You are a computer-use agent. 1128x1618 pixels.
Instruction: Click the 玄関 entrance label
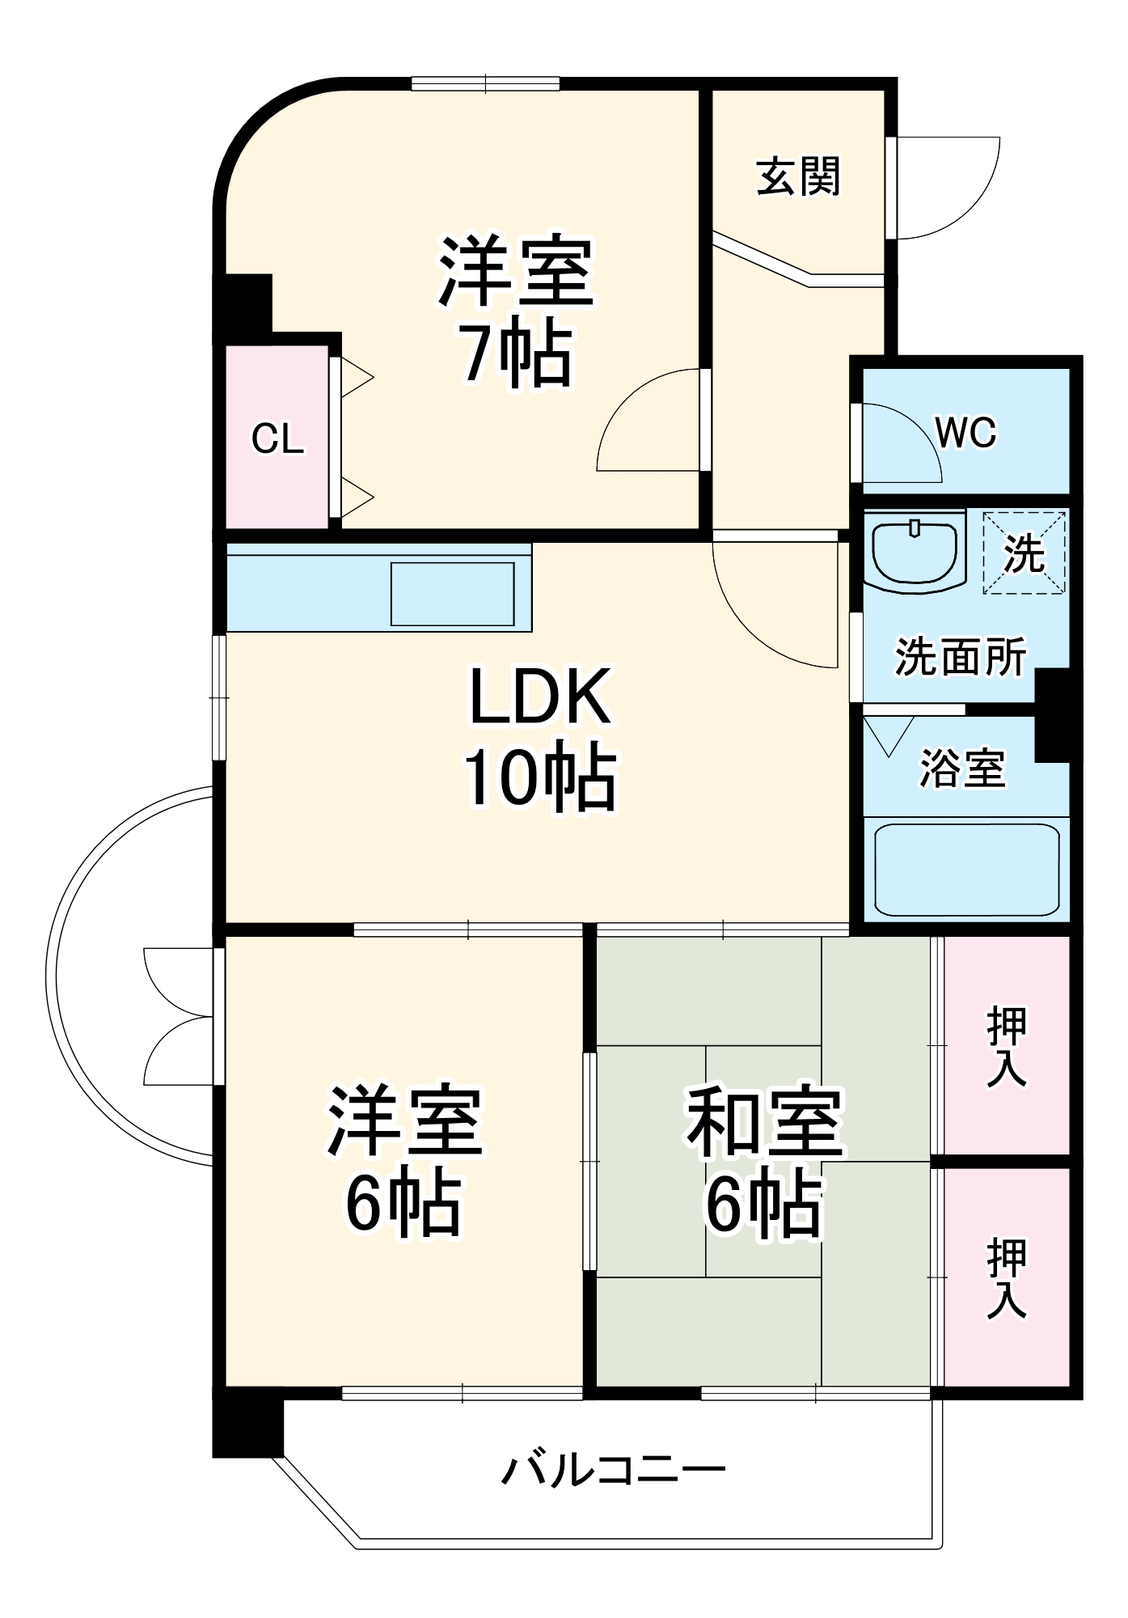(798, 176)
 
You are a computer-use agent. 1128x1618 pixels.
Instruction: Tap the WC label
(965, 434)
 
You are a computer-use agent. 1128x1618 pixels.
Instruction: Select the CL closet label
(277, 439)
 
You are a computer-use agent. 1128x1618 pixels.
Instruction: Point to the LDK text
(539, 697)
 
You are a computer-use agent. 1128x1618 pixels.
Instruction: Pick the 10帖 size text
(539, 777)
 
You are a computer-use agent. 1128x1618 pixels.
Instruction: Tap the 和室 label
(764, 1121)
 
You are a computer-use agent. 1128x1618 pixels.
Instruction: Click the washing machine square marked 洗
(1024, 553)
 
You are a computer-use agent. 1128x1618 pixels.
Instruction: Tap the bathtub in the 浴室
(967, 870)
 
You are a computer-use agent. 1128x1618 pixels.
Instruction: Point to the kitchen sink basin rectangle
(453, 594)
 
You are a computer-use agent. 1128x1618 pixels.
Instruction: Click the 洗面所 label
(961, 656)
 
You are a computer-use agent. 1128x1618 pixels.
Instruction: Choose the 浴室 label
(962, 769)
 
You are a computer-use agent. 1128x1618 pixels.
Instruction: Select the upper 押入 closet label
(1007, 1046)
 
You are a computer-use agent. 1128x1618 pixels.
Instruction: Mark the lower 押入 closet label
(1007, 1278)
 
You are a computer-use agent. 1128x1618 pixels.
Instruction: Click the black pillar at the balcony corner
(248, 1428)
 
